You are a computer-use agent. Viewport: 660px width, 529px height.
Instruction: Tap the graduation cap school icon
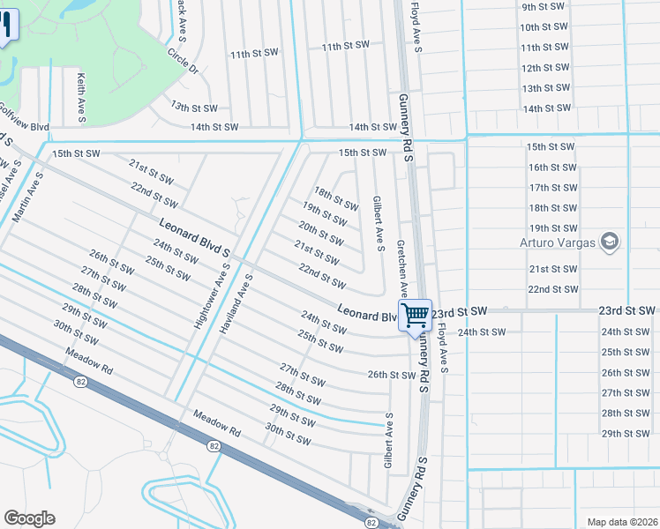pos(609,241)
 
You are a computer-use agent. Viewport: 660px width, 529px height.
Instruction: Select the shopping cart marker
pos(416,315)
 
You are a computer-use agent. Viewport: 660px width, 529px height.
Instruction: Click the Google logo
pos(29,518)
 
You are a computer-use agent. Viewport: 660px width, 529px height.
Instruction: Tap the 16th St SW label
pos(551,167)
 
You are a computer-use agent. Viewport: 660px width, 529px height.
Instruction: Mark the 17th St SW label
pos(551,188)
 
